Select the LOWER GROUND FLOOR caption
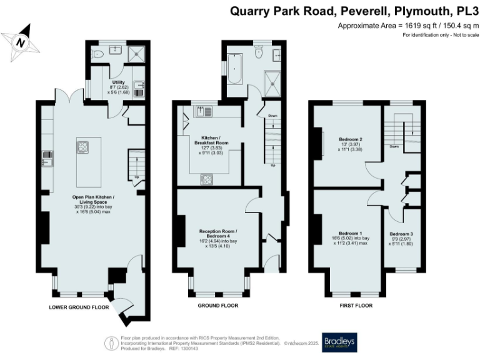(79, 307)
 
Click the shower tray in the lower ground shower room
(136, 54)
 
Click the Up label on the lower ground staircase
(137, 177)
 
